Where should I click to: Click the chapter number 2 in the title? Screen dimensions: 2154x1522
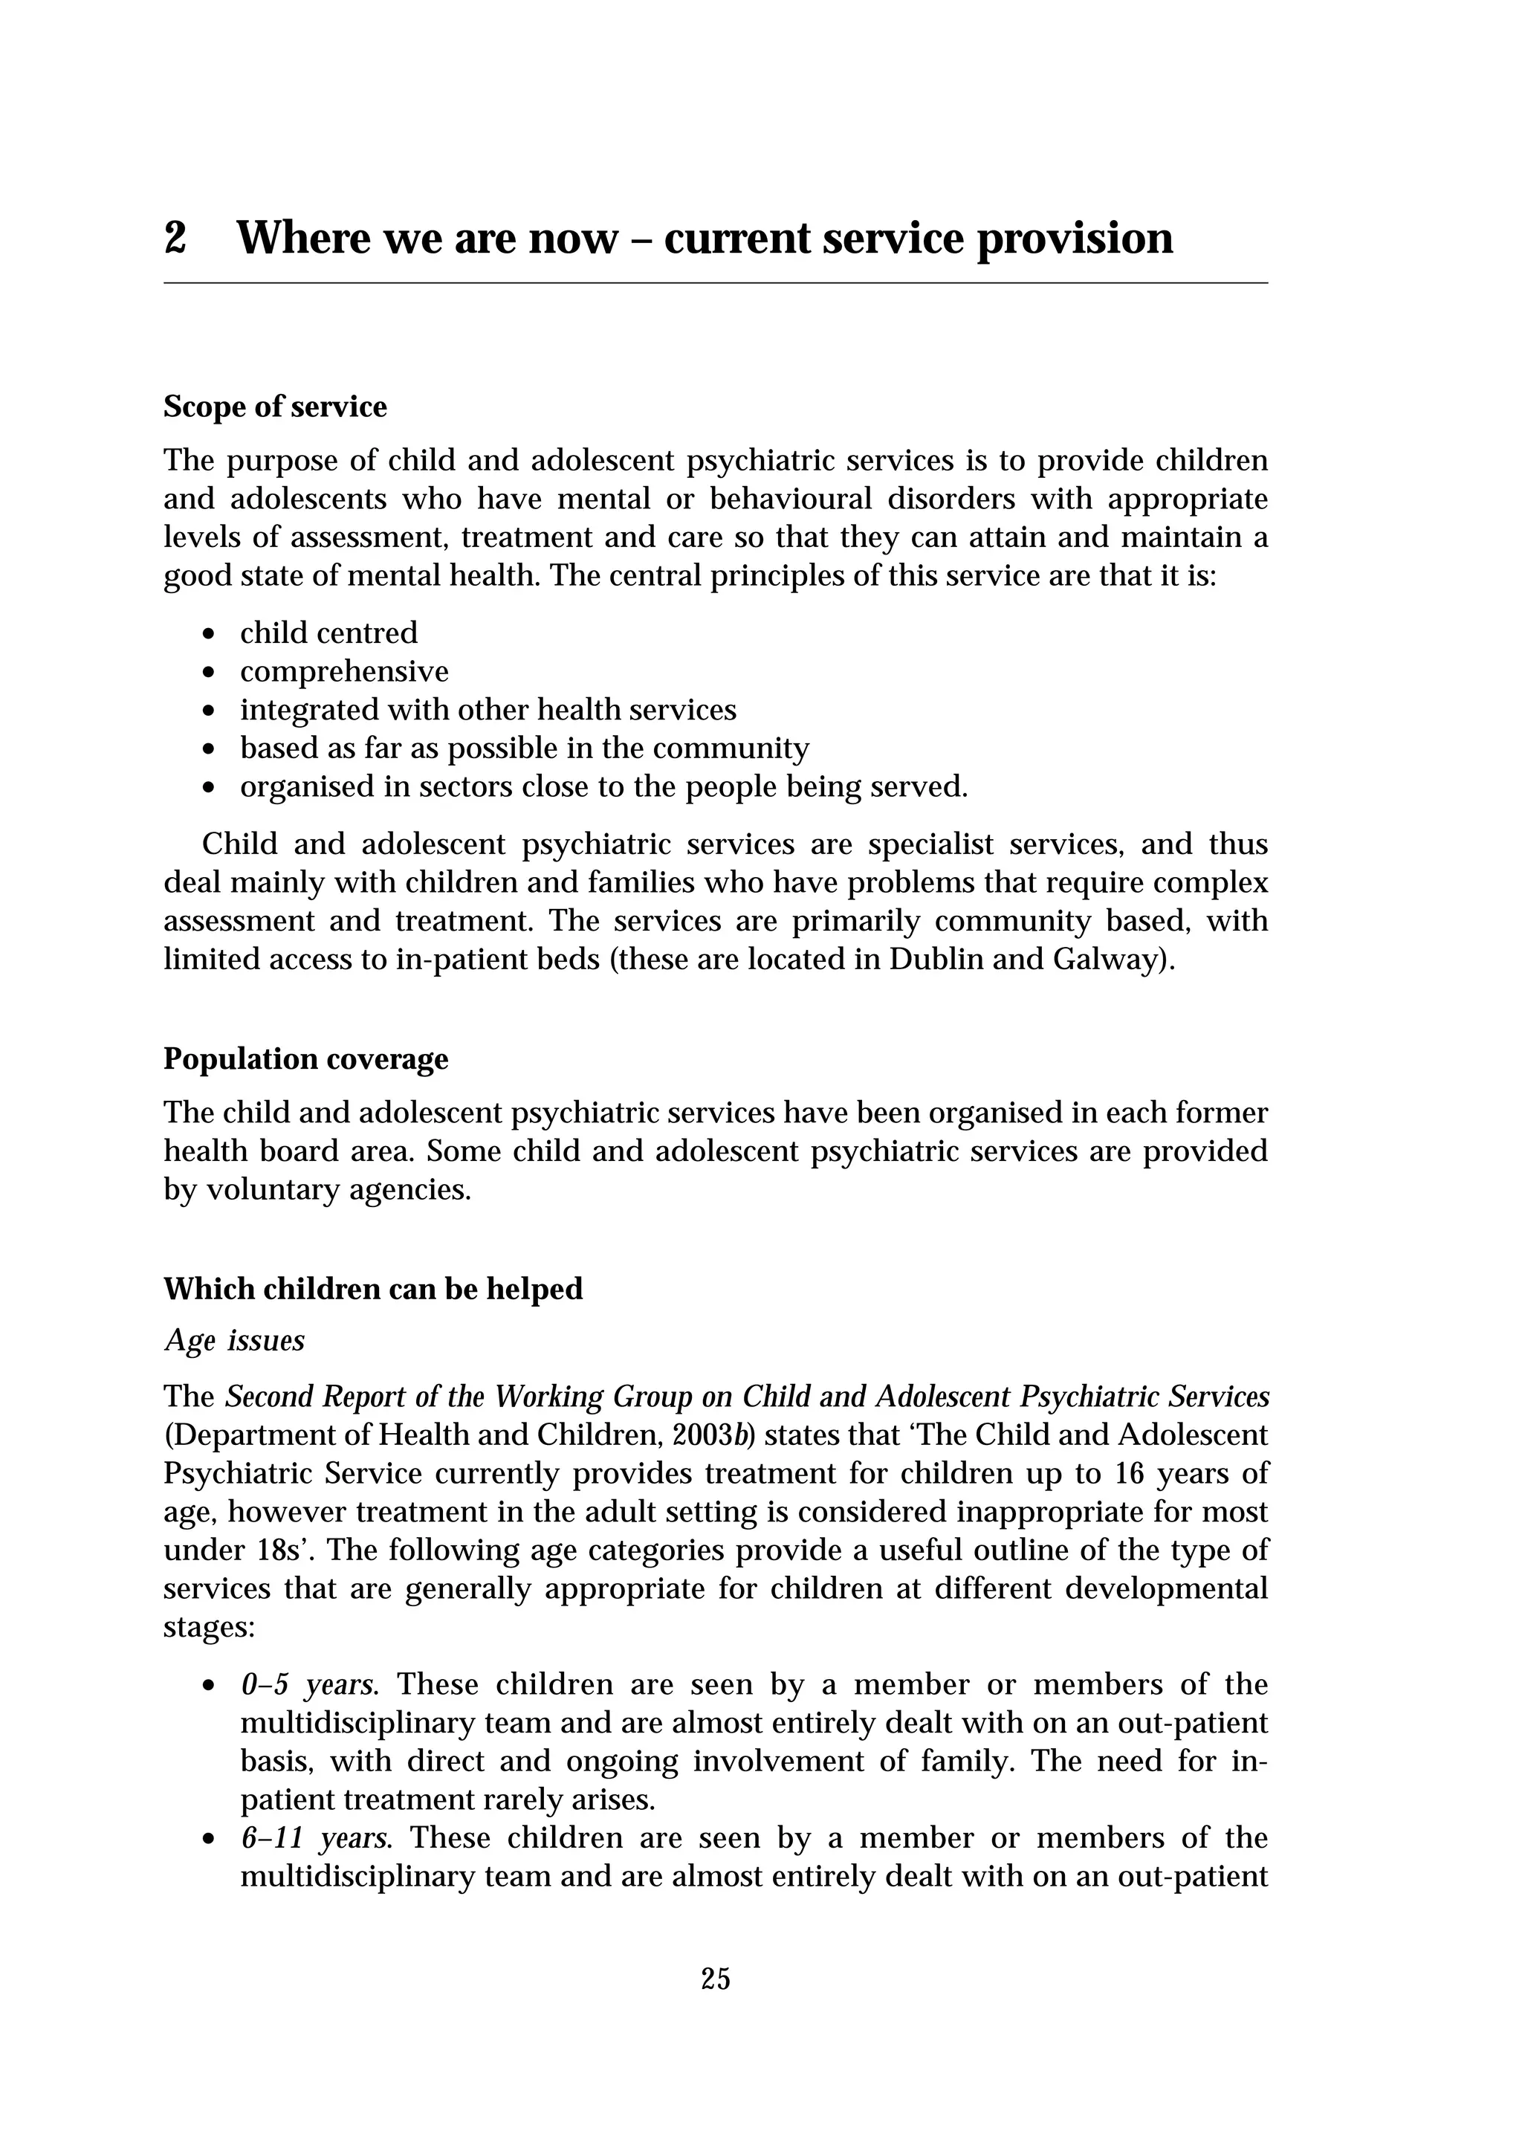point(175,239)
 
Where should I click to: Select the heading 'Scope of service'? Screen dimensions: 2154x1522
point(275,407)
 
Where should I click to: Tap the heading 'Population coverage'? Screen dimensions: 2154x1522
point(305,1059)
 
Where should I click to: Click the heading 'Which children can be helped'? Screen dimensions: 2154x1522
point(373,1289)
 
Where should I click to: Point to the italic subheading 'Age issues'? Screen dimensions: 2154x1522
point(234,1341)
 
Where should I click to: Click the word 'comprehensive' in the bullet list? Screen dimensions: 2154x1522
point(344,672)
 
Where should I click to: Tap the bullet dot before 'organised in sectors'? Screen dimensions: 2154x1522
point(209,788)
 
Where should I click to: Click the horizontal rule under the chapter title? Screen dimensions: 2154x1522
point(716,282)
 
